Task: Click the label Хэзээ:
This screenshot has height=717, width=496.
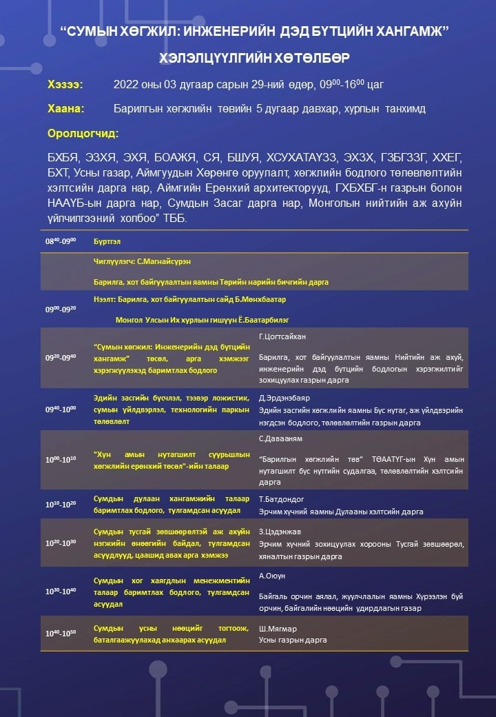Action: (65, 85)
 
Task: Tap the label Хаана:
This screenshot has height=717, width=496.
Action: (66, 109)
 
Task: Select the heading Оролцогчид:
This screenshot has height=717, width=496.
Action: (83, 133)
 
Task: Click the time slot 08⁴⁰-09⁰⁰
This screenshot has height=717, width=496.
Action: (61, 241)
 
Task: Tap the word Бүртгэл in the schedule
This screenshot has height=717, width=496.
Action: (105, 241)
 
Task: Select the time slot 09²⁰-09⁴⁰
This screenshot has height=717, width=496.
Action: (61, 357)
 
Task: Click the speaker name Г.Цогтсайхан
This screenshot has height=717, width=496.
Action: (282, 336)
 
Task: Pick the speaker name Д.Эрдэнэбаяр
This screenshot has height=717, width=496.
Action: (285, 398)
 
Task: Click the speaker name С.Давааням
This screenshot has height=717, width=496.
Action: (281, 438)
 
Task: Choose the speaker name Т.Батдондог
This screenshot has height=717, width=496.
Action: (282, 498)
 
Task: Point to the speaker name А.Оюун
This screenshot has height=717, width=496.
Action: (272, 575)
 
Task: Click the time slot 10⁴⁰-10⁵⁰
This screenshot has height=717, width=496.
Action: (61, 633)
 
